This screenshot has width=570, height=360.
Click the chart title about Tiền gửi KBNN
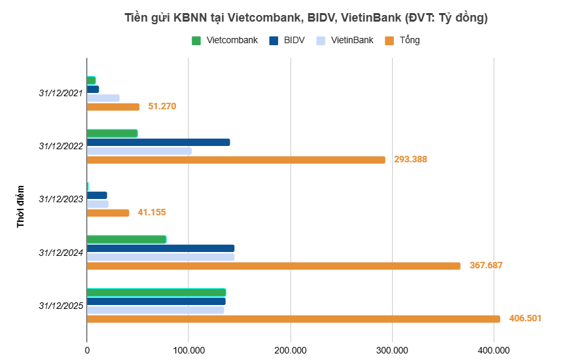306,18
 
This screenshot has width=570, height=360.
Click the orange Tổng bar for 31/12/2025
293,319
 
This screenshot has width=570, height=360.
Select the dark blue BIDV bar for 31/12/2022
158,142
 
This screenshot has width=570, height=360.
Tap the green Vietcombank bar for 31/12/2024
126,240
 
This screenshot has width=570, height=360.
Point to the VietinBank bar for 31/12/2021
103,98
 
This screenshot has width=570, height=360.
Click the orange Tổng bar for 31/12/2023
108,213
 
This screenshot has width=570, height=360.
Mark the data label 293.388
410,159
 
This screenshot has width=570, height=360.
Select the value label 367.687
486,266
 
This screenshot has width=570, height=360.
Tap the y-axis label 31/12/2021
61,93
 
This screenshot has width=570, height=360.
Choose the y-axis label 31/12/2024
61,252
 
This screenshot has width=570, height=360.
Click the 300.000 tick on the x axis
392,350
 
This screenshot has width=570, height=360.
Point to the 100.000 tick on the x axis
188,350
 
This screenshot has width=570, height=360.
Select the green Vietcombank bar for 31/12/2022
112,134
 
